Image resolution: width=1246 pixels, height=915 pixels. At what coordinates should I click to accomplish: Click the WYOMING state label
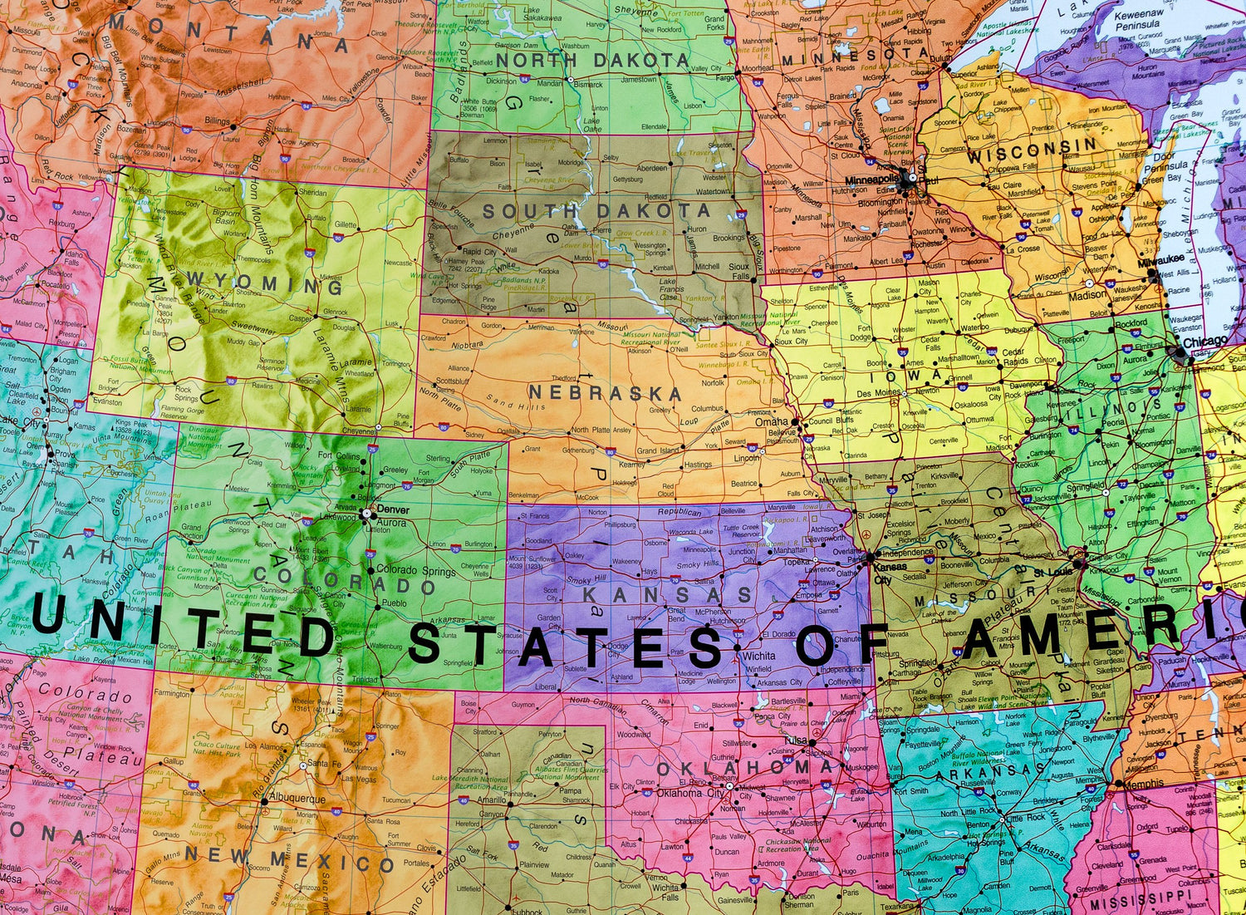tap(265, 283)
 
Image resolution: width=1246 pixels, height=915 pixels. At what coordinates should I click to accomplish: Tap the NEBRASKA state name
tap(604, 392)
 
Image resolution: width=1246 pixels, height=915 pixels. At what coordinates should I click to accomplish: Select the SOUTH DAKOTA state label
tap(596, 211)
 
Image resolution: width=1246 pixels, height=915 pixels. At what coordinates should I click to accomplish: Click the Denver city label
tap(392, 509)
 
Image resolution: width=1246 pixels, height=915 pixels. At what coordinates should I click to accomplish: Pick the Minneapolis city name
tap(872, 179)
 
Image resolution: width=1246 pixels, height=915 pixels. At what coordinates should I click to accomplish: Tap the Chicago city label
tap(1204, 342)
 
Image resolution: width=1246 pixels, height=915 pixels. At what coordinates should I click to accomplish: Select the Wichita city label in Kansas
tap(759, 656)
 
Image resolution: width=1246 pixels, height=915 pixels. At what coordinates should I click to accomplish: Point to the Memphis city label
tap(1145, 784)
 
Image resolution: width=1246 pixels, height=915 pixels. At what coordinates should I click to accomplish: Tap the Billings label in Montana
tap(217, 121)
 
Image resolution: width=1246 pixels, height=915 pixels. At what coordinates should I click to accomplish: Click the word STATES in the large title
tap(565, 646)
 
